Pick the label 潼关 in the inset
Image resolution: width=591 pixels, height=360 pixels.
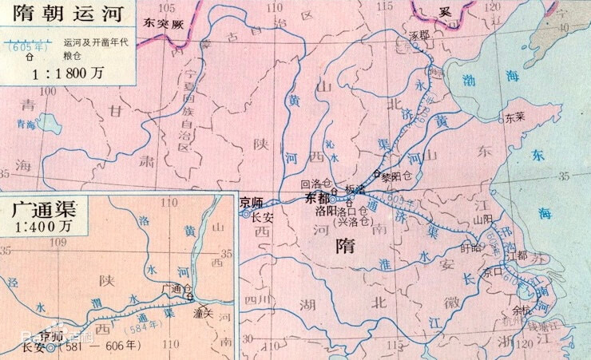pos(202,315)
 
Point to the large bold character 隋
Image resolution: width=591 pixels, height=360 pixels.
pos(352,250)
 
